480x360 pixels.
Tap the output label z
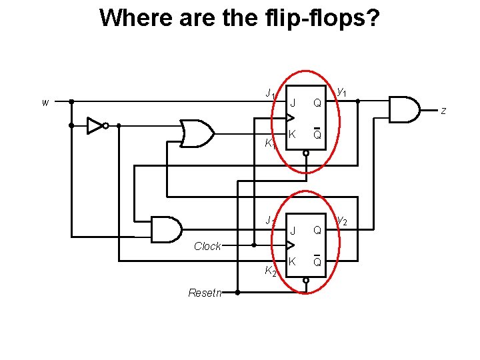(443, 111)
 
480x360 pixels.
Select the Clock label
(207, 246)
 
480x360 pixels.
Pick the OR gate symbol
(197, 133)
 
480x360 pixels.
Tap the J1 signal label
(269, 93)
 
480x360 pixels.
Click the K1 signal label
(269, 143)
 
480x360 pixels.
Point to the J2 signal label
(269, 220)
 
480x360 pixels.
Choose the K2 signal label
(269, 271)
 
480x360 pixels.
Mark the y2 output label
(341, 219)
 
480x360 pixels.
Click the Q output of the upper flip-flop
(317, 103)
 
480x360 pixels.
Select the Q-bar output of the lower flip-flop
(317, 261)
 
